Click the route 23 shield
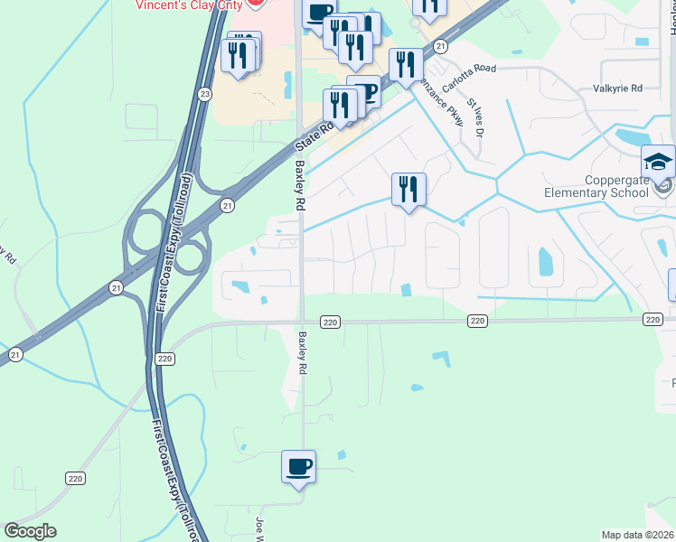click(x=205, y=94)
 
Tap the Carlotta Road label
click(x=469, y=69)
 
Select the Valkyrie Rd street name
click(x=616, y=89)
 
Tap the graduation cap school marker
click(x=658, y=164)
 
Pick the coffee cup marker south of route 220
click(x=298, y=468)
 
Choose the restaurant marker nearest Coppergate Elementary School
click(x=408, y=191)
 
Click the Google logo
click(x=30, y=531)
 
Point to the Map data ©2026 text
click(x=637, y=535)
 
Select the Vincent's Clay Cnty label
click(x=190, y=5)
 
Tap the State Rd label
click(x=316, y=136)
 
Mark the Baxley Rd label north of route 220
click(x=300, y=185)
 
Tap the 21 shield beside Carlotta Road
click(x=440, y=46)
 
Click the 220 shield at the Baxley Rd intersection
click(x=329, y=322)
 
